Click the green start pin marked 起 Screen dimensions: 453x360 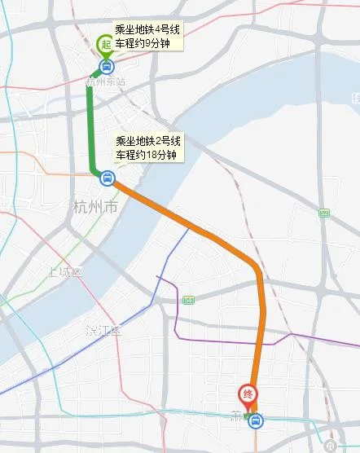coord(105,46)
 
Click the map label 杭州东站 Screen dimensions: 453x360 coord(107,81)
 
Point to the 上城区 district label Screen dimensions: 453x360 coord(65,271)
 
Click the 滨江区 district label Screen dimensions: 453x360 coord(103,330)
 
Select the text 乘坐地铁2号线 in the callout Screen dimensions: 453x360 coord(147,139)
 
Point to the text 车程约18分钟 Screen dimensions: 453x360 coord(145,154)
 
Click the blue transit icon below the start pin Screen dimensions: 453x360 coord(107,67)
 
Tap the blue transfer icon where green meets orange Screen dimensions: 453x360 coord(108,177)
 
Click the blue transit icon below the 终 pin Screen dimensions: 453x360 coord(256,420)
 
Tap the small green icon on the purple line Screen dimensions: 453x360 coord(190,300)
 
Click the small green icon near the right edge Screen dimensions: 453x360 coord(324,213)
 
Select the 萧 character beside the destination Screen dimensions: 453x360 coord(237,416)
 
